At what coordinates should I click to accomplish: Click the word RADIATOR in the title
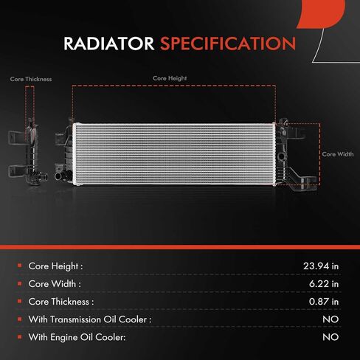pyautogui.click(x=108, y=44)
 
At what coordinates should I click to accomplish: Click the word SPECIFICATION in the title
pyautogui.click(x=228, y=44)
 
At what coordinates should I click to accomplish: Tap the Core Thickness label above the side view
pyautogui.click(x=31, y=79)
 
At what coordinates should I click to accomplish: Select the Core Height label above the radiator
pyautogui.click(x=170, y=78)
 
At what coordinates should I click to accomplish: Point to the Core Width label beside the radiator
pyautogui.click(x=338, y=154)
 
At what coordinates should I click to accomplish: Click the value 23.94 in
pyautogui.click(x=321, y=266)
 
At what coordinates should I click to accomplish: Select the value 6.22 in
pyautogui.click(x=324, y=284)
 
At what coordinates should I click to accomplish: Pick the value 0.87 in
pyautogui.click(x=324, y=302)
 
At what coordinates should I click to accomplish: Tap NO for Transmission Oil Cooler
pyautogui.click(x=330, y=319)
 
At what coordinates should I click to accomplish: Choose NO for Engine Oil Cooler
pyautogui.click(x=330, y=337)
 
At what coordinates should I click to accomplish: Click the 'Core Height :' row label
pyautogui.click(x=55, y=266)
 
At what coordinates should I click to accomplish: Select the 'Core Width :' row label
pyautogui.click(x=55, y=284)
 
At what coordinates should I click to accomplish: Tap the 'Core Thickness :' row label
pyautogui.click(x=61, y=302)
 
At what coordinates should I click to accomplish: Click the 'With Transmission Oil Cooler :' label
pyautogui.click(x=90, y=319)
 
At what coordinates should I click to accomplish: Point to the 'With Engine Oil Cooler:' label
pyautogui.click(x=77, y=337)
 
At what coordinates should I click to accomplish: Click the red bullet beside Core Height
pyautogui.click(x=20, y=266)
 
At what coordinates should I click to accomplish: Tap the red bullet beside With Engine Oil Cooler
pyautogui.click(x=20, y=336)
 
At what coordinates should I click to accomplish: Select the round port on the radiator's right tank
pyautogui.click(x=281, y=156)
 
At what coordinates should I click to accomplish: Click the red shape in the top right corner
pyautogui.click(x=322, y=13)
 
